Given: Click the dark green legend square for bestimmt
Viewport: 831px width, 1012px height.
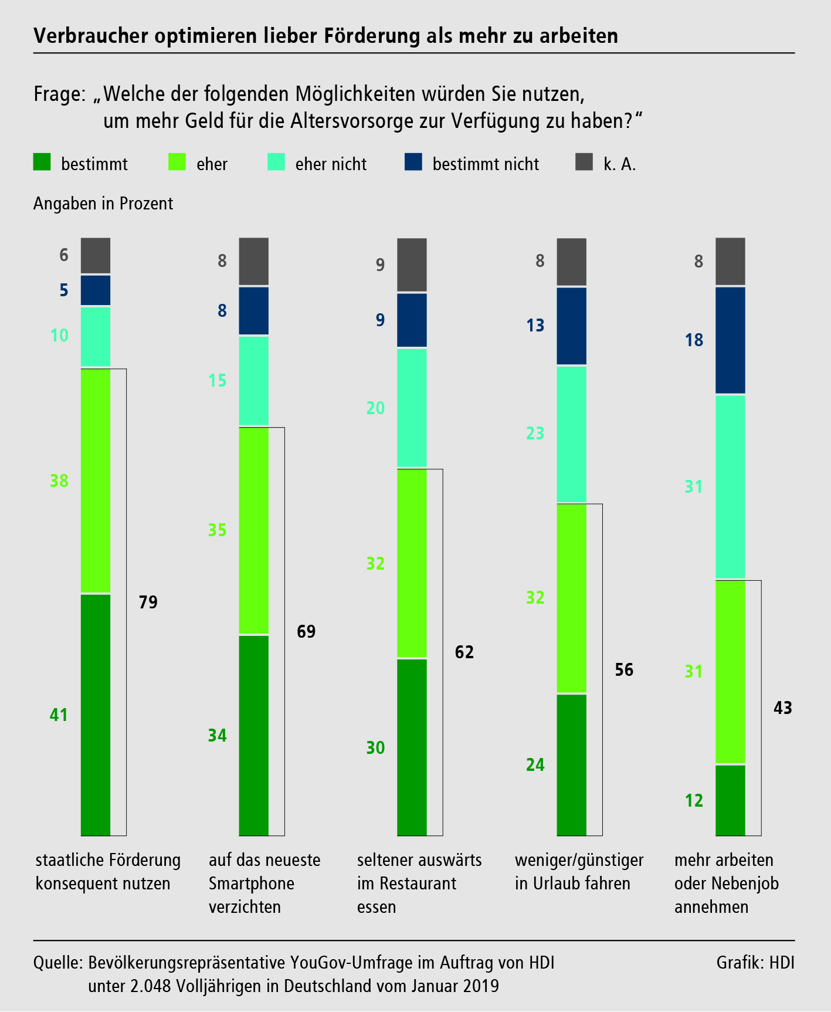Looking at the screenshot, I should point(42,163).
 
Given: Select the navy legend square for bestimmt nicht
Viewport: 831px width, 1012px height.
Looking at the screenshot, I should point(413,163).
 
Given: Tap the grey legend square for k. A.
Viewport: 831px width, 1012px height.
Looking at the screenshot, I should point(584,163).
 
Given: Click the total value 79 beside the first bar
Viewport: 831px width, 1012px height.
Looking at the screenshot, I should point(148,603).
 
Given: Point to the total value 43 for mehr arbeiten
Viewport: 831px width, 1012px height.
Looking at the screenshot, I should point(782,708).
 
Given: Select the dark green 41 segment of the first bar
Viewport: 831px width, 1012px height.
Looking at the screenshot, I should point(96,715).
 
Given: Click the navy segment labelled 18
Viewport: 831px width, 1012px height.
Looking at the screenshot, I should point(730,340).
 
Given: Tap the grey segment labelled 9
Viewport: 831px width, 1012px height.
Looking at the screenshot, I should point(412,265).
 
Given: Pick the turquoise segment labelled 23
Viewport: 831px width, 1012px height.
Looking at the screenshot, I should point(571,434).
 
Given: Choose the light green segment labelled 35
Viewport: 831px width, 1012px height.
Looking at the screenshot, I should point(254,531).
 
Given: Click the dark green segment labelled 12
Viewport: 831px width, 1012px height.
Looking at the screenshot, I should point(730,800).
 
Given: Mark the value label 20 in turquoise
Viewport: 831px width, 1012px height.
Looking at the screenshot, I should point(375,408).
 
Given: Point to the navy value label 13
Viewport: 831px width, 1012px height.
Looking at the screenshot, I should point(535,326).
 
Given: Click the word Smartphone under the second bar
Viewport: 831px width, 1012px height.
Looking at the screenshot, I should point(252,884).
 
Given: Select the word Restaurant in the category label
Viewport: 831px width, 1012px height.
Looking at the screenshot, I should point(418,884).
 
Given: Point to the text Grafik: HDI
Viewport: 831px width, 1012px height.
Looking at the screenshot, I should point(755,963).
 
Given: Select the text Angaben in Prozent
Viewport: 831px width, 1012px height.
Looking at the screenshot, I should point(103,204).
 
